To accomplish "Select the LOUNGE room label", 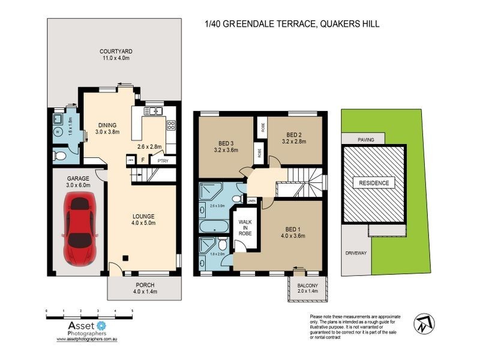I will (x=144, y=216).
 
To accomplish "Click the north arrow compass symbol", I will (x=424, y=323).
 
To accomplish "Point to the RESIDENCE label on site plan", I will (x=374, y=183).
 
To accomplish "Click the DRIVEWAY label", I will (x=355, y=253).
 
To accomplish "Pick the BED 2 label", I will (x=296, y=134).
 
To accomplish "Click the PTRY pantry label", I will (x=162, y=160).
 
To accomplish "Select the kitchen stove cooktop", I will (x=171, y=125).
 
